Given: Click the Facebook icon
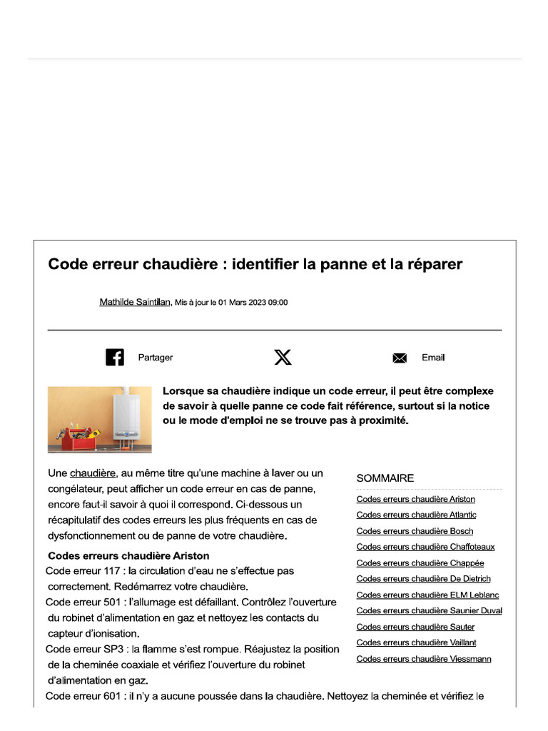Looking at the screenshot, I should click(115, 357).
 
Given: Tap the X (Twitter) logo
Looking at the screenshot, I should click(283, 357).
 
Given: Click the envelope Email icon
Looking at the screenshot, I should click(400, 358).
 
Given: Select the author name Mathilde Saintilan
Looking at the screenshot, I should click(135, 303).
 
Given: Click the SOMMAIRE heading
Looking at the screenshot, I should click(385, 478).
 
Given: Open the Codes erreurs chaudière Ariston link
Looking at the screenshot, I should click(415, 499).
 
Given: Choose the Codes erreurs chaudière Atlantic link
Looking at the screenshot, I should click(416, 515).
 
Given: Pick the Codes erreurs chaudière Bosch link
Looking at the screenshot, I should click(415, 531).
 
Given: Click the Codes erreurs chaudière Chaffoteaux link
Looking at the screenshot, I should click(425, 547).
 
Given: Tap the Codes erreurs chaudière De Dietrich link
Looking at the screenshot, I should click(423, 579).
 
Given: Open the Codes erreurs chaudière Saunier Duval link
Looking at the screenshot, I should click(429, 610).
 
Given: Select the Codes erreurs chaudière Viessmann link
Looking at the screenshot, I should click(423, 659).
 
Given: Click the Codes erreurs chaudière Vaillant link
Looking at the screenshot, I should click(416, 642).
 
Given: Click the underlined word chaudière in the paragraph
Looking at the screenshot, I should click(93, 473).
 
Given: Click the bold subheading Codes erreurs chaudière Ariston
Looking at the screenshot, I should click(128, 555).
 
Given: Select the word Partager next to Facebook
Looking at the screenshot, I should click(156, 358).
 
